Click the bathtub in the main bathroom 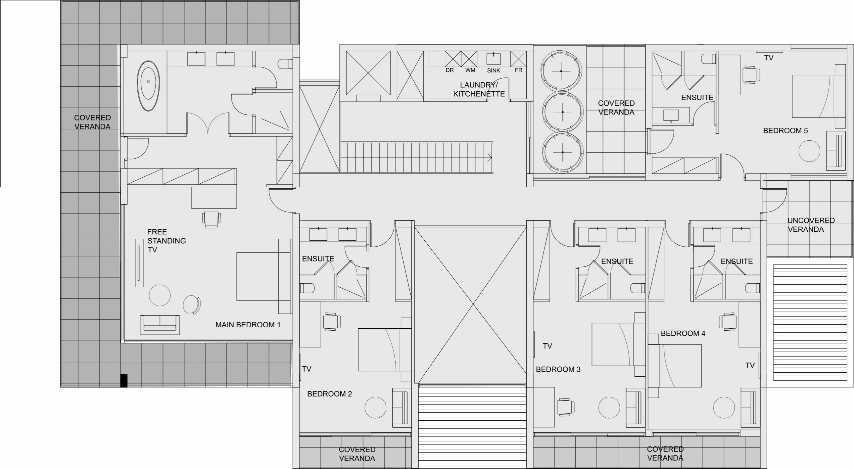click(x=148, y=86)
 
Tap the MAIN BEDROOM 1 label click(x=248, y=325)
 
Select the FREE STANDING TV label click(x=166, y=241)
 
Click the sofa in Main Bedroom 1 click(x=160, y=325)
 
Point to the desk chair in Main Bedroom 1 click(x=211, y=219)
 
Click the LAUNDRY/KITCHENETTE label click(x=479, y=89)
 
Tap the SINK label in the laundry click(x=493, y=71)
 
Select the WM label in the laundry click(x=470, y=70)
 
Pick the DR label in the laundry click(x=449, y=70)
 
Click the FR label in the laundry click(x=518, y=70)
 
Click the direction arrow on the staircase click(x=489, y=158)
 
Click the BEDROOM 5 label click(x=785, y=131)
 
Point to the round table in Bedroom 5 click(x=809, y=151)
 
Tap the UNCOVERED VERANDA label click(x=811, y=225)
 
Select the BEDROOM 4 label click(x=683, y=333)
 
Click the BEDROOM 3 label click(x=558, y=369)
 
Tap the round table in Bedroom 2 click(x=375, y=407)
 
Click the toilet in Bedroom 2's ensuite click(x=307, y=288)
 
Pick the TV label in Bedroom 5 click(x=769, y=58)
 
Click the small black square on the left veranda click(x=124, y=380)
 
